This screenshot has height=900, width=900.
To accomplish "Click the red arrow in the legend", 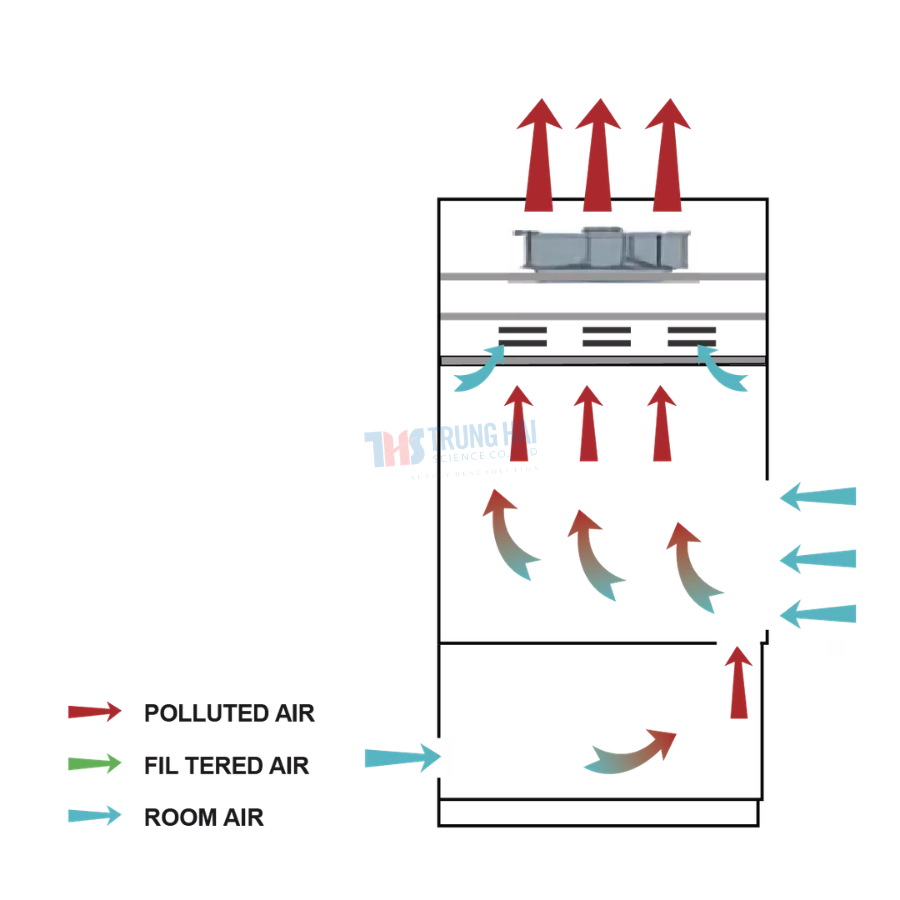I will tap(94, 712).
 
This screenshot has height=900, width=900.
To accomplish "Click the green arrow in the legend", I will tap(94, 765).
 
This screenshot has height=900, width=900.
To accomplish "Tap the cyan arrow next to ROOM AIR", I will tap(94, 816).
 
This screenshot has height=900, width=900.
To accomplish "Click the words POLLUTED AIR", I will tap(229, 713).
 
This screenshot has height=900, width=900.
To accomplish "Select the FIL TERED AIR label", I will tap(226, 766).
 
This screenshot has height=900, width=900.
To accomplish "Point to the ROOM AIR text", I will tap(204, 817).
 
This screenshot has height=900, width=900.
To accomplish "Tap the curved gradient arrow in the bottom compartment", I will tap(630, 751).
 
